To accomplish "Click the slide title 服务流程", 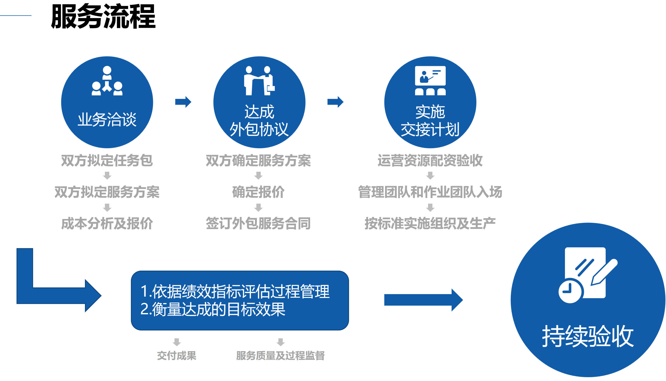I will [x=103, y=17].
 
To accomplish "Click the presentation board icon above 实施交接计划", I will [x=430, y=80].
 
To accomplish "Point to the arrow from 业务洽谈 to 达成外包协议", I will [x=183, y=102].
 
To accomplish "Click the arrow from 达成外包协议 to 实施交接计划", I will [x=335, y=102].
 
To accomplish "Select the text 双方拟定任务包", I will [x=107, y=160].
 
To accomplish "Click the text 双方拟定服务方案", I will [x=107, y=192].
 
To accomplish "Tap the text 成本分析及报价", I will [x=107, y=224].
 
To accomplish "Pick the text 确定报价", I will [x=258, y=192].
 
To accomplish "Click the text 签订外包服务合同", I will [x=258, y=224].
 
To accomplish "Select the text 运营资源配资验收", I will [x=430, y=160].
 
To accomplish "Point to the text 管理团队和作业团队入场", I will [x=430, y=192].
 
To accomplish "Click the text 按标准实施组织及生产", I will [x=430, y=224].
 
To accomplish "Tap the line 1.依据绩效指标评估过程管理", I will [x=235, y=291].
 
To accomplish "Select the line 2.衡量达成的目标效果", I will [x=213, y=309].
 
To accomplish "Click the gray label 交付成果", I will [x=177, y=356].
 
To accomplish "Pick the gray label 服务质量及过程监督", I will [x=280, y=356].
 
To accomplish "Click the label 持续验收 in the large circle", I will [x=588, y=336].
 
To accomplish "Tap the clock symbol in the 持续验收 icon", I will [x=570, y=291].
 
